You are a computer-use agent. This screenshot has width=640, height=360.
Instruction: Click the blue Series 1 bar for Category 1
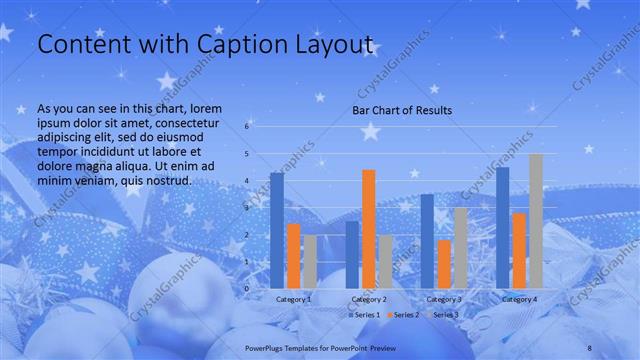click(x=277, y=230)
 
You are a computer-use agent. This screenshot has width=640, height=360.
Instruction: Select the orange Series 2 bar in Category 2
click(x=369, y=229)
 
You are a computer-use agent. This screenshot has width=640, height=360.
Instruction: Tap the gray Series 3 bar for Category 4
click(x=536, y=221)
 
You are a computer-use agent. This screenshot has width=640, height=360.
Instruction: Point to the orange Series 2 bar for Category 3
click(x=444, y=264)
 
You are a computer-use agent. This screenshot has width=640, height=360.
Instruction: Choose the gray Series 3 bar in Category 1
click(x=310, y=261)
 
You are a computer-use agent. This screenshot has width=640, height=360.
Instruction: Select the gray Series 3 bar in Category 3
click(x=460, y=248)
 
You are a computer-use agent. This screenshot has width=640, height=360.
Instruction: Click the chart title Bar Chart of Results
click(x=403, y=110)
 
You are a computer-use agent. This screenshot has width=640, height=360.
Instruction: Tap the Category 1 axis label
click(x=293, y=298)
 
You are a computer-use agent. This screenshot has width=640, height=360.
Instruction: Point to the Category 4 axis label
click(x=519, y=298)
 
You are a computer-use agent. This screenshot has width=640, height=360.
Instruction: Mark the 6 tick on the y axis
click(x=247, y=127)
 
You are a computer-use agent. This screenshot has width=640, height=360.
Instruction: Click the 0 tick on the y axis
click(x=247, y=288)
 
